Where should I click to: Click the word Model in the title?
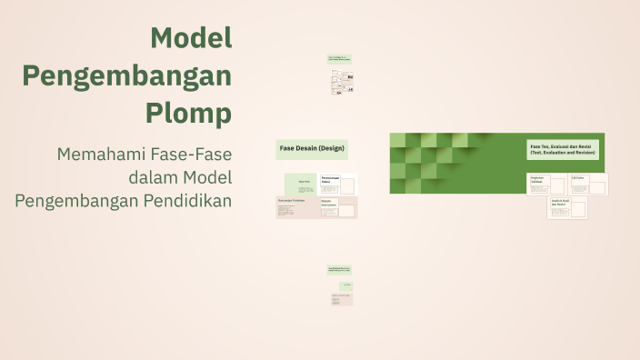[x=191, y=38]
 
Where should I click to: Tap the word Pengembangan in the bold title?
[x=126, y=76]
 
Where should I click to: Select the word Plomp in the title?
[x=188, y=115]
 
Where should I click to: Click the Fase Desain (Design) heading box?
[x=311, y=148]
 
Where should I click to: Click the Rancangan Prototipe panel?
[x=296, y=207]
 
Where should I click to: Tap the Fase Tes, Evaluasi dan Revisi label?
[x=563, y=150]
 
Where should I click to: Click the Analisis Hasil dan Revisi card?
[x=566, y=208]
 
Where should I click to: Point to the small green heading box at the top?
[x=340, y=59]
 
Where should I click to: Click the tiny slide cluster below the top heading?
[x=341, y=83]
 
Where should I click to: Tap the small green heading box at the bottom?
[x=340, y=270]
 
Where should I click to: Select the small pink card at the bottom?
[x=341, y=298]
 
